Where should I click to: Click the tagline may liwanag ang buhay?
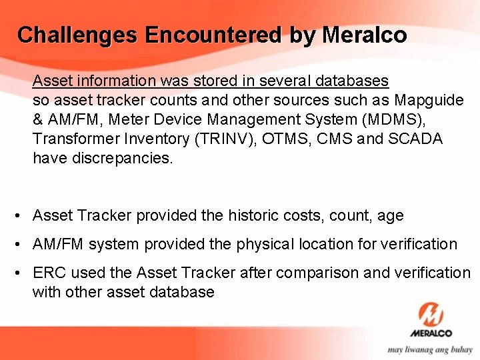[x=431, y=349]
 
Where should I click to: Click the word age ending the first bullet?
[x=390, y=215]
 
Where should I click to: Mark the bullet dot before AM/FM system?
[x=19, y=245]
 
